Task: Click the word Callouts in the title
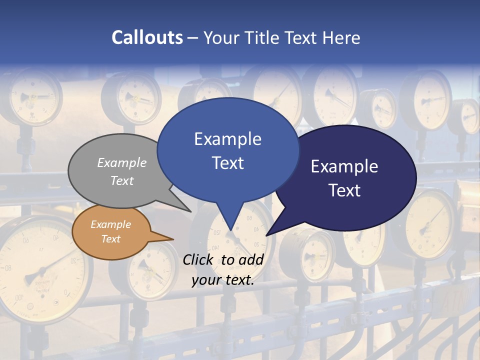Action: (x=147, y=37)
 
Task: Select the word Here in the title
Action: (x=342, y=37)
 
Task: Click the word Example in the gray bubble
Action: (x=122, y=162)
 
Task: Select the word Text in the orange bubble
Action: (x=110, y=239)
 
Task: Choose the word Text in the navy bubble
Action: (x=344, y=190)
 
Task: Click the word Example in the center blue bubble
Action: (x=227, y=139)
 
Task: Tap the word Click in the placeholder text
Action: (x=199, y=259)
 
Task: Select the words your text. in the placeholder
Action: (x=223, y=280)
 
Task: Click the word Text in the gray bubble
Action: (x=122, y=180)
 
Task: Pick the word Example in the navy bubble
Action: (x=344, y=166)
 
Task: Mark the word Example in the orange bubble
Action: (x=110, y=224)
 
